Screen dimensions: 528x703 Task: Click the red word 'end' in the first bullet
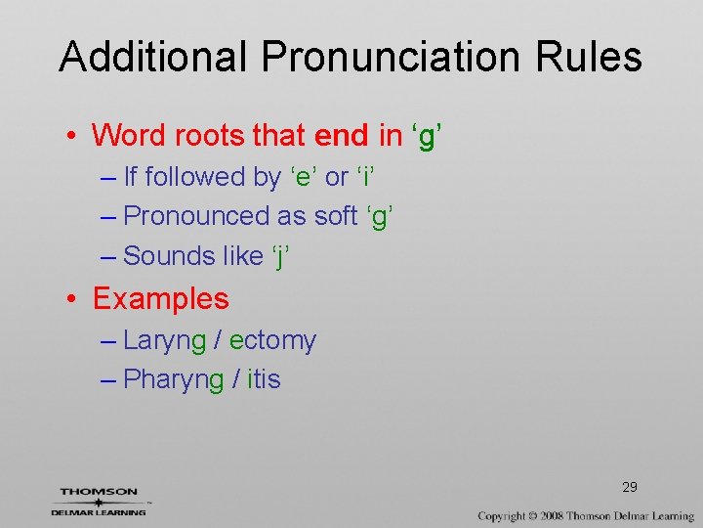click(343, 135)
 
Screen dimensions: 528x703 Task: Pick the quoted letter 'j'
click(281, 256)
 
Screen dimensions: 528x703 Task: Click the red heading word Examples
click(160, 298)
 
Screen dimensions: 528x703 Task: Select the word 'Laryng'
click(165, 341)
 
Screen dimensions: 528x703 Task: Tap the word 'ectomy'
click(272, 340)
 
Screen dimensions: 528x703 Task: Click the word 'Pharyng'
click(174, 380)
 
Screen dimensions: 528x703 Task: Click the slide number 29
click(630, 487)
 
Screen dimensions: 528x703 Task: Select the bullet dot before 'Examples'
click(75, 299)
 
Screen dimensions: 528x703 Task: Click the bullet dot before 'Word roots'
click(75, 136)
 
